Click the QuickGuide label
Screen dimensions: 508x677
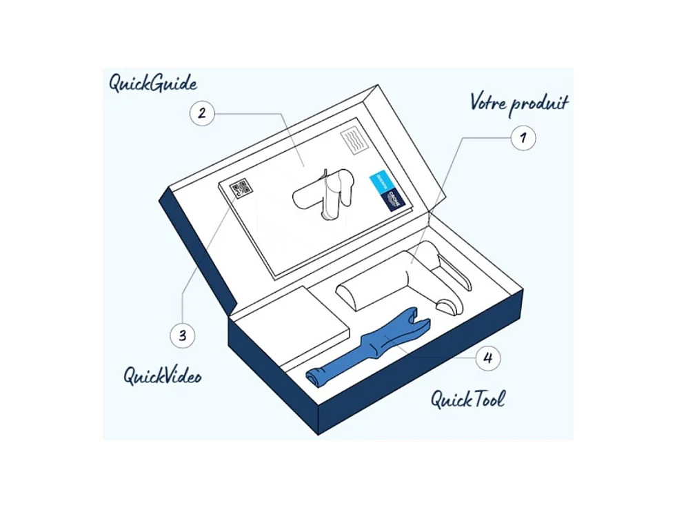(x=152, y=83)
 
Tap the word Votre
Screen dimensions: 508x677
(x=489, y=102)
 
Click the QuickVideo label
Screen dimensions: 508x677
(x=162, y=376)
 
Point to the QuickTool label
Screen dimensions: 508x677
(x=467, y=399)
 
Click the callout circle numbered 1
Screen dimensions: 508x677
(x=523, y=137)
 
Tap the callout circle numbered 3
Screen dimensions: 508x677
(x=182, y=336)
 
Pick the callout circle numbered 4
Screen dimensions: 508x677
(x=487, y=358)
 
